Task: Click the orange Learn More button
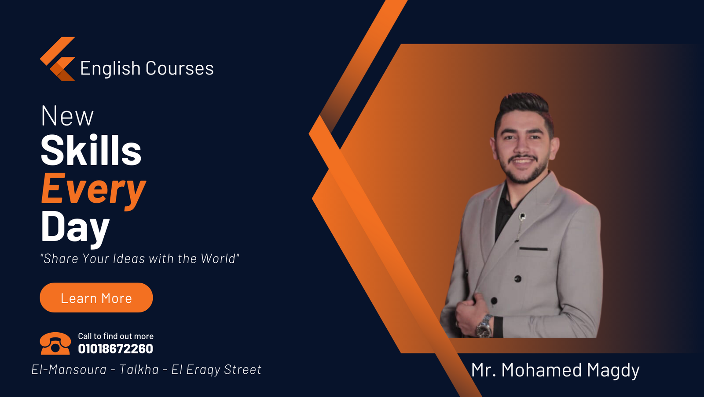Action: (x=96, y=297)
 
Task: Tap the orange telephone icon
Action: (x=55, y=344)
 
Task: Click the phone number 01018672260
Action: (x=116, y=349)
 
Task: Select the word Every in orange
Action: (x=93, y=190)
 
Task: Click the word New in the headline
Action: (x=67, y=116)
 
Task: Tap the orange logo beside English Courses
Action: (x=58, y=59)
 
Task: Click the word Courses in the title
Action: (x=180, y=68)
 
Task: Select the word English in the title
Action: (x=110, y=69)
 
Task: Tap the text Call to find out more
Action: (x=116, y=336)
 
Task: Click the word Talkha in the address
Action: (x=139, y=369)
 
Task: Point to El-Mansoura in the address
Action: (x=69, y=369)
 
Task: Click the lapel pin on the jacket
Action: (x=522, y=217)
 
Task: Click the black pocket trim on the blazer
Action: (x=533, y=249)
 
